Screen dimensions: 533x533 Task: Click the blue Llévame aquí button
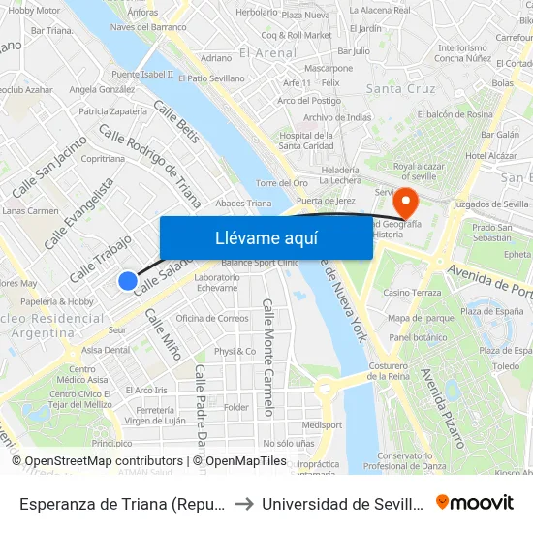266,237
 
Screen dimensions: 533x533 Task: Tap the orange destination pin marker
405,203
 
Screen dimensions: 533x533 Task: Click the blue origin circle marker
128,281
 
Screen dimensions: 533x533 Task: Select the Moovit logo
475,503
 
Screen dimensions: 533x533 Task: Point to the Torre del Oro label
282,183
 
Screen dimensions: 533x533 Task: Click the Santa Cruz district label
398,89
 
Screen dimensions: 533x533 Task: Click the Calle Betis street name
176,123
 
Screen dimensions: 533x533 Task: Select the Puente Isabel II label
142,74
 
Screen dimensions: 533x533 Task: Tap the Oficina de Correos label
212,318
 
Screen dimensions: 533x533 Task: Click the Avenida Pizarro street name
442,406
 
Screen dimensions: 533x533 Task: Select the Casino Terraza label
412,292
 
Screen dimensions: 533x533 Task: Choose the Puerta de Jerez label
326,201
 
